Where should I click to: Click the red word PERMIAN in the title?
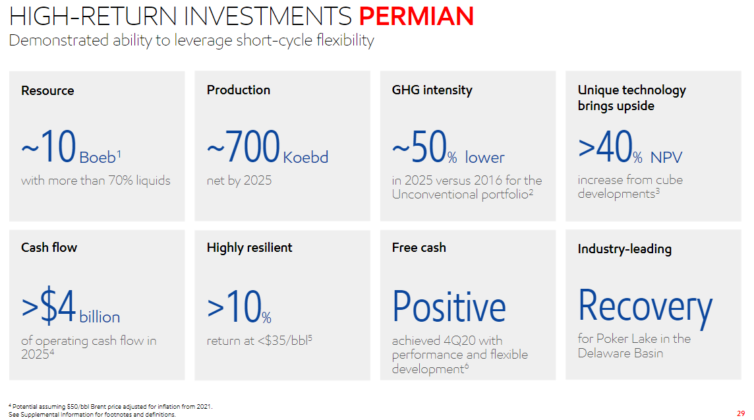pos(417,16)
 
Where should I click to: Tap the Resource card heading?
pos(47,90)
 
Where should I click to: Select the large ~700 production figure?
pos(243,146)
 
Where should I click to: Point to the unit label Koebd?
pos(305,158)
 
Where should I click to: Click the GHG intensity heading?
pos(432,90)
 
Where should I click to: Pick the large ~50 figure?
pos(419,146)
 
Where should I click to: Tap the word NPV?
pos(666,158)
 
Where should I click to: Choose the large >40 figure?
pos(605,146)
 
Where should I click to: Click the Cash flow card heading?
pos(49,247)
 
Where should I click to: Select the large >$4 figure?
pos(49,305)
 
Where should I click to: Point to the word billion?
pos(100,317)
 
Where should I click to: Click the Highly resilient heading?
pos(249,248)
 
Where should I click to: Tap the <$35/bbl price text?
pos(285,341)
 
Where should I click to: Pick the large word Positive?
pos(449,307)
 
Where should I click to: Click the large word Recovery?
pos(645,307)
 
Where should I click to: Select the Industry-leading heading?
pos(625,249)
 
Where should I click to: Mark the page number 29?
pos(741,413)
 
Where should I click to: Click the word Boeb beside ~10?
pos(98,158)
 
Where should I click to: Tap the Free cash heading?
pos(419,247)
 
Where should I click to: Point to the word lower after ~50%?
pos(484,158)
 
